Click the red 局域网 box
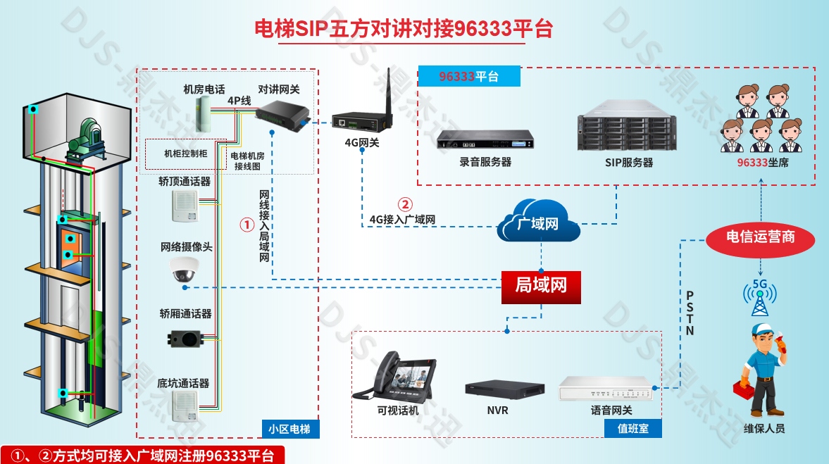tap(541, 286)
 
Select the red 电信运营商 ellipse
tap(761, 238)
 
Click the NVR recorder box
tap(504, 389)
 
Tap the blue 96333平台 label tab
tap(469, 76)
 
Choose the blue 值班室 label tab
tap(632, 428)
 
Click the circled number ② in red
tap(405, 205)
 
